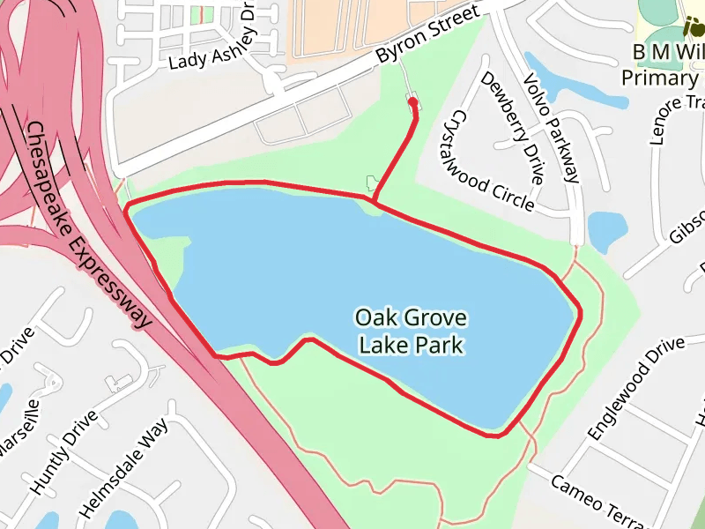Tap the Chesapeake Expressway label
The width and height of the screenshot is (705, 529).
click(87, 225)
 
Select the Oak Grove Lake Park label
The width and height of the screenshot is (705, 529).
click(412, 331)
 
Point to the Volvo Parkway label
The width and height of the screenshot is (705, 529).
click(550, 129)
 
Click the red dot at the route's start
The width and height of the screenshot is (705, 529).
click(412, 102)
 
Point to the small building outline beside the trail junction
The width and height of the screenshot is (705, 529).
click(370, 183)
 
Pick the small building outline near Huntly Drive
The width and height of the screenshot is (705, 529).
click(115, 384)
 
